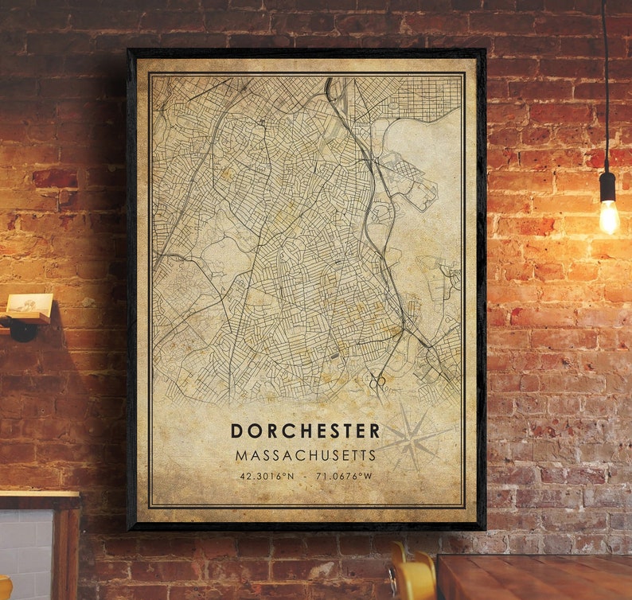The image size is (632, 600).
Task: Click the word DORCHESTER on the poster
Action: coord(306,431)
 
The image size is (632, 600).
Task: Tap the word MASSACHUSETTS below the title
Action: coord(306,456)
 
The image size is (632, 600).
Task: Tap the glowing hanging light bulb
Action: coord(609,216)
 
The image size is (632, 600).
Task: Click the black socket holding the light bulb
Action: coord(608,186)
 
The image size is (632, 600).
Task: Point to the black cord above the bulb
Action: coord(605,80)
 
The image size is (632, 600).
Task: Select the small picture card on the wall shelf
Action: coord(30,304)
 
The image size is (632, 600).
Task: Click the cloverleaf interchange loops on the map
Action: coord(377,382)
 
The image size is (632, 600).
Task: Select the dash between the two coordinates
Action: coord(306,477)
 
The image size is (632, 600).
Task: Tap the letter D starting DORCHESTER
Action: coord(236,431)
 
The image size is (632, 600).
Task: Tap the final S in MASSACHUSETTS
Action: coord(371,456)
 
